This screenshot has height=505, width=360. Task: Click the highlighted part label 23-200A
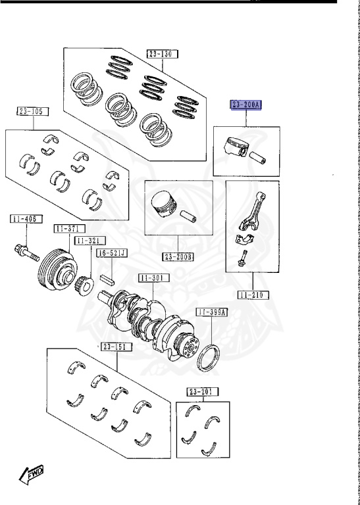[245, 105]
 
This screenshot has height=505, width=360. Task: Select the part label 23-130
[163, 54]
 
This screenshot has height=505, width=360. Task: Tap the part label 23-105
[33, 112]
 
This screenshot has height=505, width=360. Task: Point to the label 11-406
[26, 219]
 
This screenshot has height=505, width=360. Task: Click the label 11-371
[69, 229]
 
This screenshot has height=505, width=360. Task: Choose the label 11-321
[90, 241]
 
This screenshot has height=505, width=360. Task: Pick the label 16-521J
[112, 253]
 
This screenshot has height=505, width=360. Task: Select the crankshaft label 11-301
[154, 278]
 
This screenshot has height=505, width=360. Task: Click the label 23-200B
[178, 256]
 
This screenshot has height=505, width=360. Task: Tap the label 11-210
[253, 295]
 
